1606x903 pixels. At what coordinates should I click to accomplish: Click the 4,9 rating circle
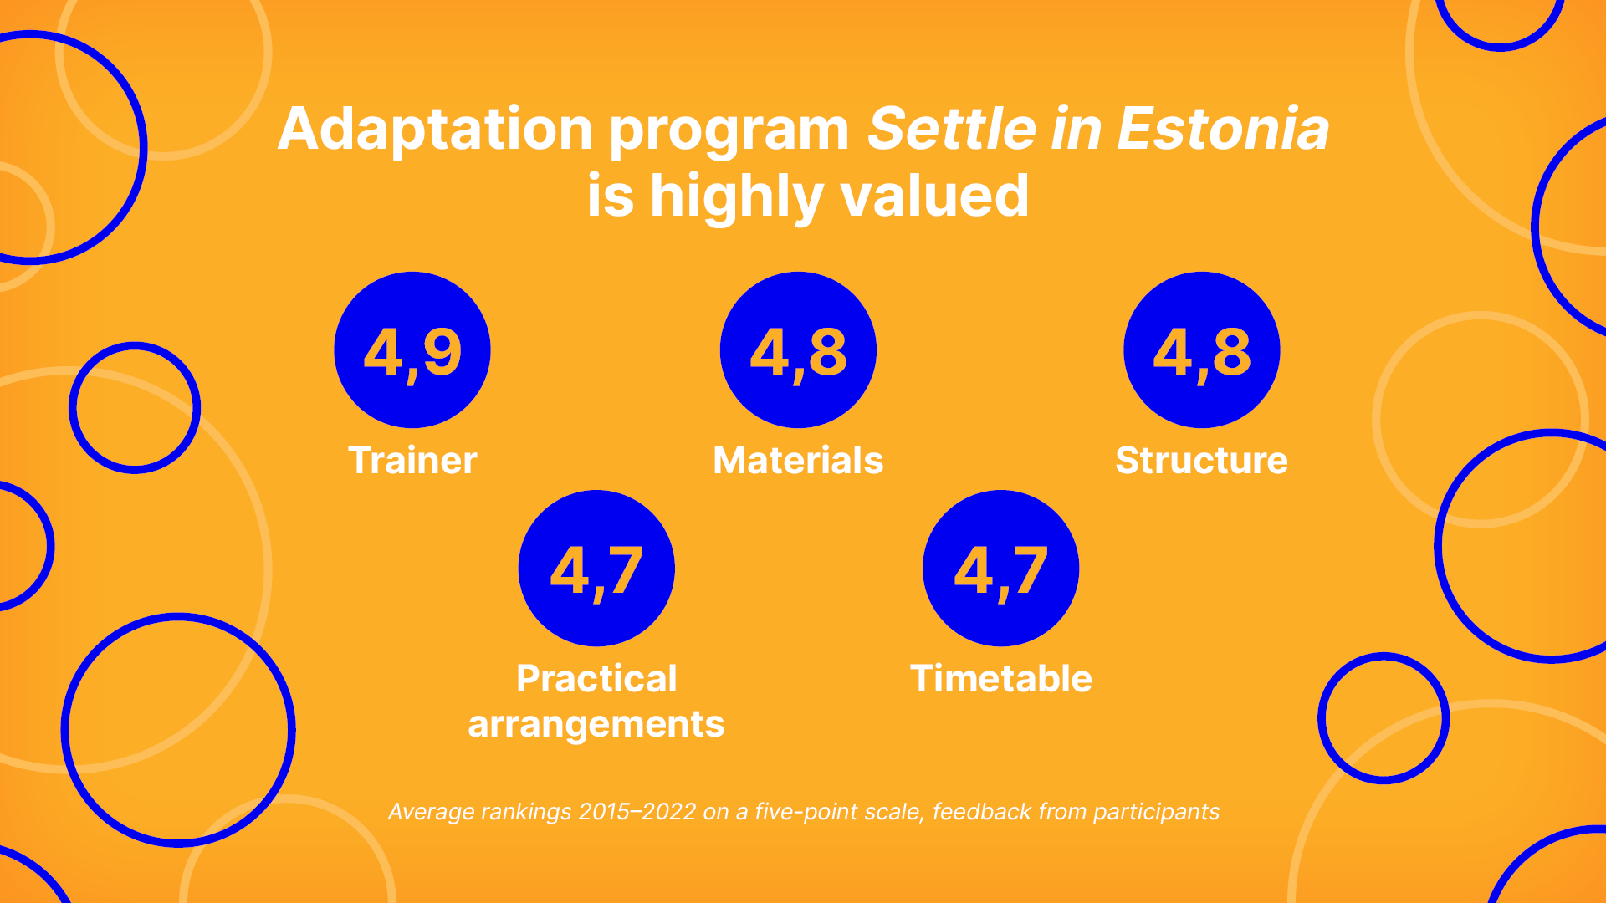[412, 349]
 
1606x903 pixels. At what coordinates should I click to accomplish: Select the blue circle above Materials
[798, 349]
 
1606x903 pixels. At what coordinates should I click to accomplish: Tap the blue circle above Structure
[1201, 349]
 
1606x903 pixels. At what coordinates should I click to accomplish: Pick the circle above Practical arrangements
[596, 569]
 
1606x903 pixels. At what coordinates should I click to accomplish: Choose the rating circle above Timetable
[1000, 569]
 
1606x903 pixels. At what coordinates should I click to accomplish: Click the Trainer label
[412, 461]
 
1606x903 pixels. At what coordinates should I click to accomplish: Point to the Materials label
[798, 461]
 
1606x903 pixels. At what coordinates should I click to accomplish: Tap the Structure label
[1201, 461]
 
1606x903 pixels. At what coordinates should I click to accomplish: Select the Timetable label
[1000, 679]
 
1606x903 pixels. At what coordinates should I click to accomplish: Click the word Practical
[596, 679]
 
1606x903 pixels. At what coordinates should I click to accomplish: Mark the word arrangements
[596, 724]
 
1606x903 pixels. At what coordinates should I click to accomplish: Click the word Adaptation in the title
[435, 130]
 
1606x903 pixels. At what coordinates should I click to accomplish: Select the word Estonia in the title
[1223, 130]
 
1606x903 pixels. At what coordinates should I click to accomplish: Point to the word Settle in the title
[952, 130]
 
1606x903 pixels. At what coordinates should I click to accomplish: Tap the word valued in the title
[934, 196]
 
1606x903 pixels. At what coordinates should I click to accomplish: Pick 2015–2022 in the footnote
[637, 812]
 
